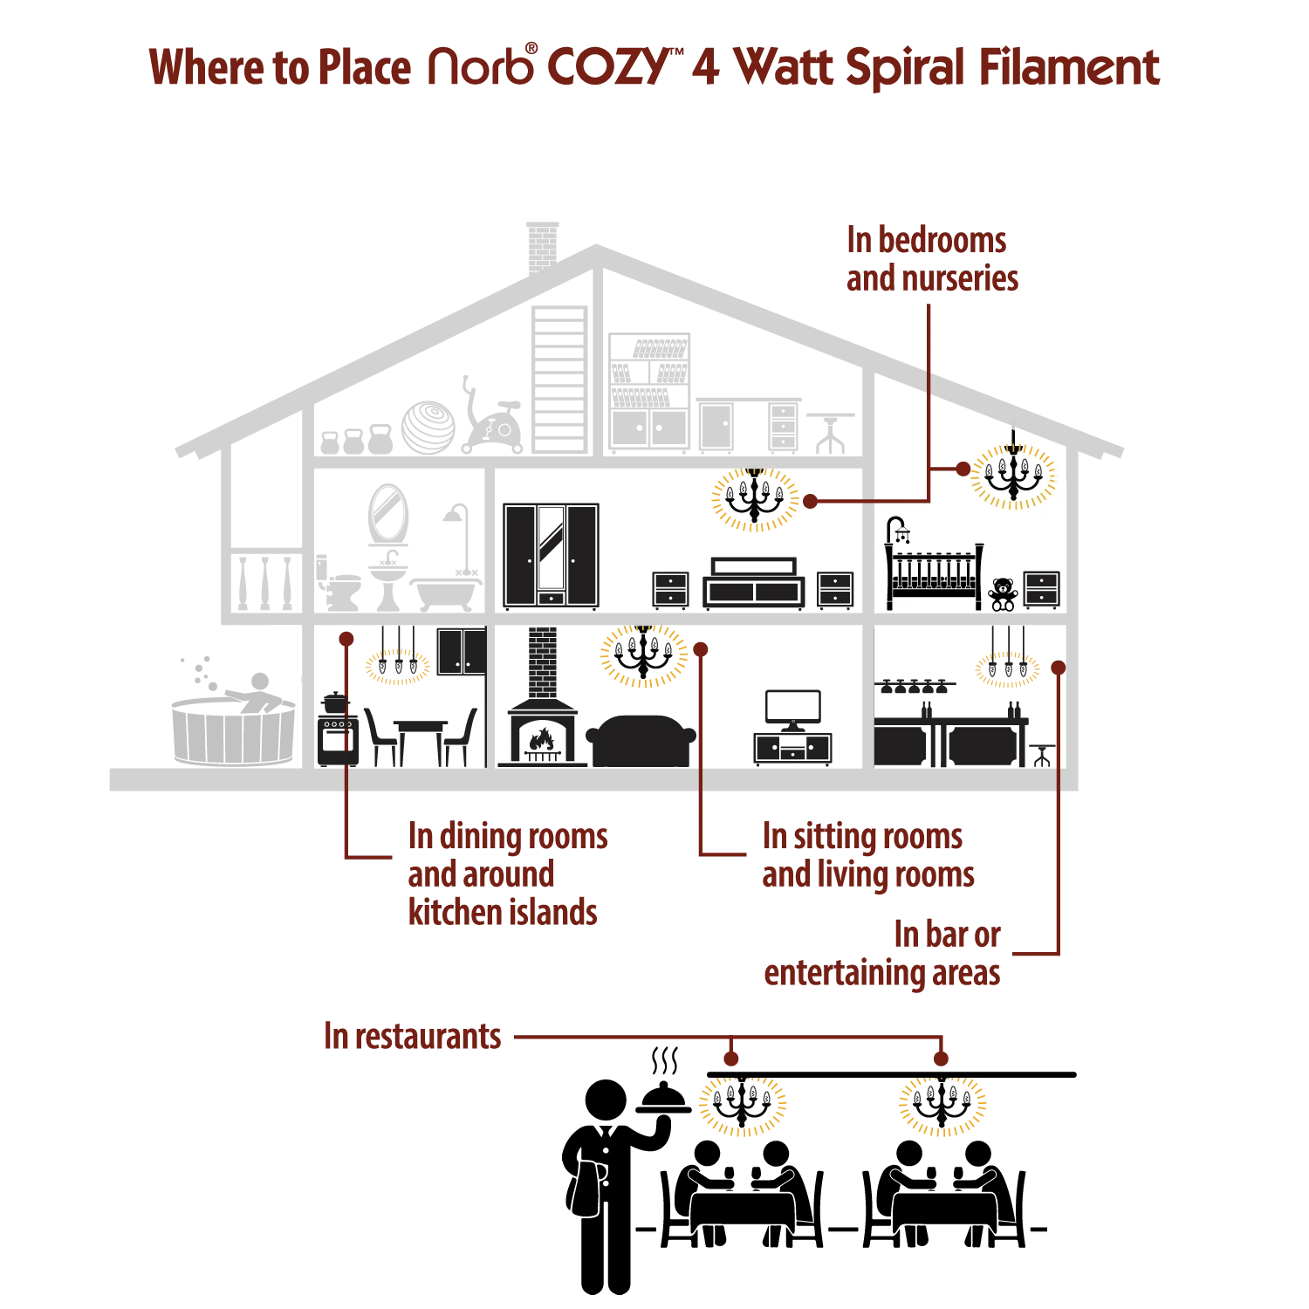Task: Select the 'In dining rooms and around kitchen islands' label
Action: [506, 874]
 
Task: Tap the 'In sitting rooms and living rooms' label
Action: [867, 856]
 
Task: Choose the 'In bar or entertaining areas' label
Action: [883, 956]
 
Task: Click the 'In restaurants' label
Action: [411, 1038]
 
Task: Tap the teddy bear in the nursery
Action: [1003, 593]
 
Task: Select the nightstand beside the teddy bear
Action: [1041, 591]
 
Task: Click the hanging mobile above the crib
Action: [900, 531]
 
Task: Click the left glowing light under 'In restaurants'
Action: [743, 1106]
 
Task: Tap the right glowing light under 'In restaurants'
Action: [941, 1106]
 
